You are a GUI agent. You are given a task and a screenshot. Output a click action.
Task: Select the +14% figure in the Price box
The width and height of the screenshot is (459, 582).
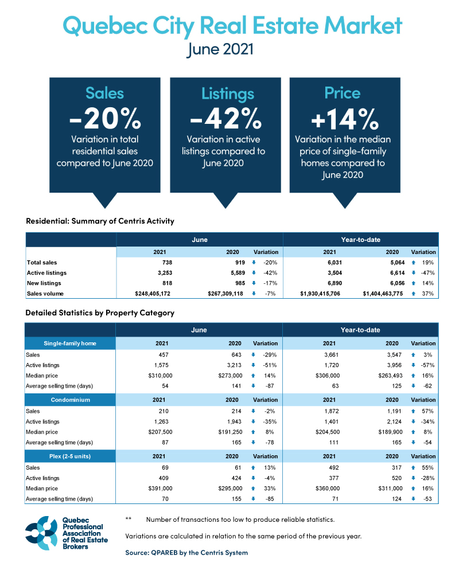345,119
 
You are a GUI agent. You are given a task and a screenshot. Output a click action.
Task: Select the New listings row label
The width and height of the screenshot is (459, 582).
44,283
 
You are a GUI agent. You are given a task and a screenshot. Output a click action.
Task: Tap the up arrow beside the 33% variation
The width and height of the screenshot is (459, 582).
253,488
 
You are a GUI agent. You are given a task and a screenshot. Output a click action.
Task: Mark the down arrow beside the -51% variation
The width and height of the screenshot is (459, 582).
253,365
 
